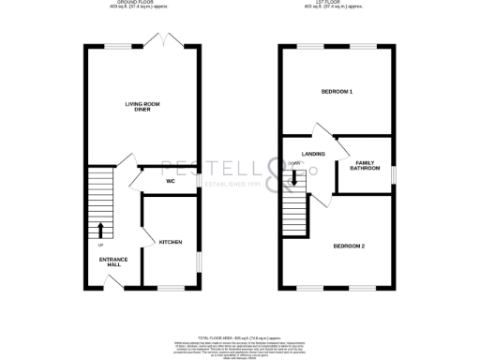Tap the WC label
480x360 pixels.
(171, 181)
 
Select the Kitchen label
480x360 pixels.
(170, 243)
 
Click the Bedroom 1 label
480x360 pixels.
(337, 92)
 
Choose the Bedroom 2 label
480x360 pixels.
(349, 247)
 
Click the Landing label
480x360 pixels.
(313, 154)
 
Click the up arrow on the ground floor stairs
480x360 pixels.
(100, 229)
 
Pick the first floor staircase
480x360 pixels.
(294, 211)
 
